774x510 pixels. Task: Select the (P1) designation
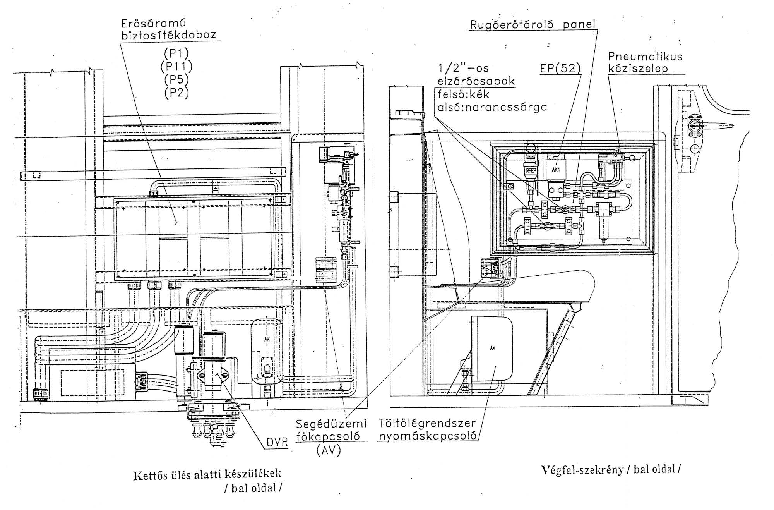(x=176, y=53)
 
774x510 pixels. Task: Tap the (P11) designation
(x=176, y=67)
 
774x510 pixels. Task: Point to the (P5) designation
(x=176, y=79)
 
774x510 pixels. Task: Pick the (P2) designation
(x=176, y=93)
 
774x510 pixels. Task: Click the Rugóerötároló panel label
(x=533, y=24)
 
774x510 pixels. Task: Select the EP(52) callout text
(x=560, y=69)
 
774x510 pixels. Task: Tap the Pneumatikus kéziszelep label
(x=645, y=63)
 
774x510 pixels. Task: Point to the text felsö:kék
(x=463, y=94)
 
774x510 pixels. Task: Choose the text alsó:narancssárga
(x=492, y=107)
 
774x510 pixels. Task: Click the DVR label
(x=277, y=442)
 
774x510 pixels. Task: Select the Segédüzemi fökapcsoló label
(x=331, y=429)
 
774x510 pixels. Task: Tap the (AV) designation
(x=328, y=450)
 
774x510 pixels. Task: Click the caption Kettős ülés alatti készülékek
(x=207, y=474)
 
